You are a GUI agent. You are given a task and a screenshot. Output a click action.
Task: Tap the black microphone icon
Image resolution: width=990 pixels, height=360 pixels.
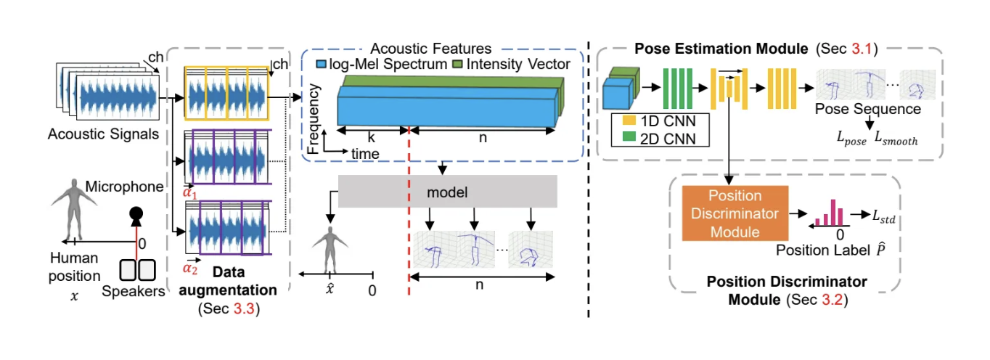pyautogui.click(x=136, y=215)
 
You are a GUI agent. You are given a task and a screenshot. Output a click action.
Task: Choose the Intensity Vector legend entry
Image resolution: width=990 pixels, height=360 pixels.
pyautogui.click(x=512, y=65)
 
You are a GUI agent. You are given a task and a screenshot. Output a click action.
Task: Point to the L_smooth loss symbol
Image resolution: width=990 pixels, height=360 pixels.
pyautogui.click(x=893, y=140)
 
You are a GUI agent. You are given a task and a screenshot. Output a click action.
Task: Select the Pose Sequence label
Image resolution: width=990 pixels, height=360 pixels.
pyautogui.click(x=868, y=109)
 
